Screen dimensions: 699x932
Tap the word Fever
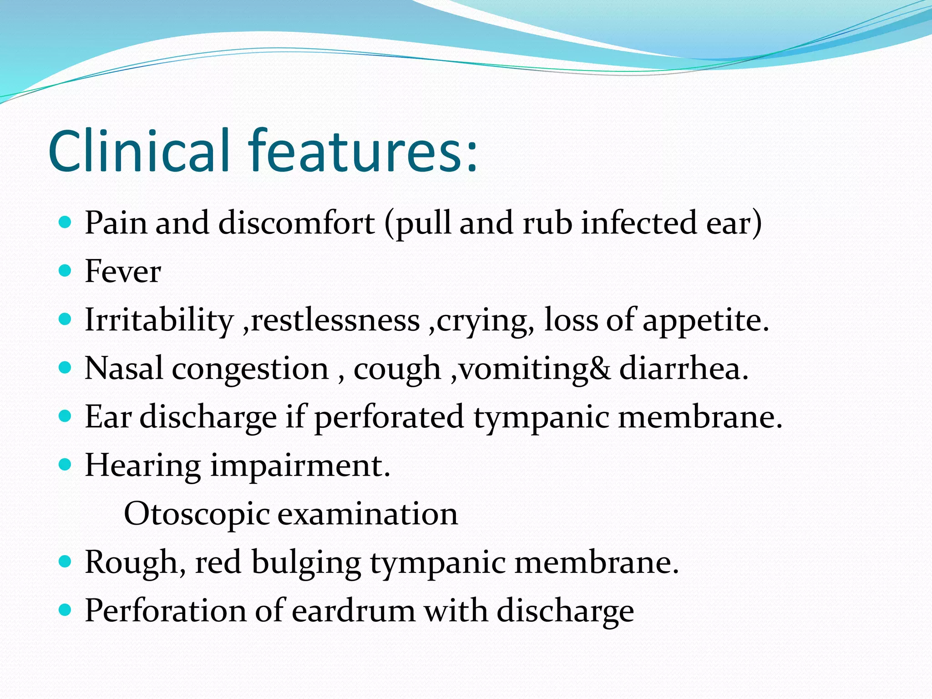click(123, 271)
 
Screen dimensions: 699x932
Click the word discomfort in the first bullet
click(297, 223)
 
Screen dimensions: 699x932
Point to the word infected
click(639, 223)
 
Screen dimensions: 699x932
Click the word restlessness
click(335, 320)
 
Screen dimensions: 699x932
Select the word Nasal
click(124, 368)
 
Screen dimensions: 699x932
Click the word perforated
click(389, 417)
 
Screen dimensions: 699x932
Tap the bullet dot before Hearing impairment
click(66, 465)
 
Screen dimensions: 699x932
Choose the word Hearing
click(143, 466)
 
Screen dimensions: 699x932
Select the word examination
click(368, 514)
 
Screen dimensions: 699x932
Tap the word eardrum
click(353, 611)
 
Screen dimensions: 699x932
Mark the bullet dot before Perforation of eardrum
click(66, 610)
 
